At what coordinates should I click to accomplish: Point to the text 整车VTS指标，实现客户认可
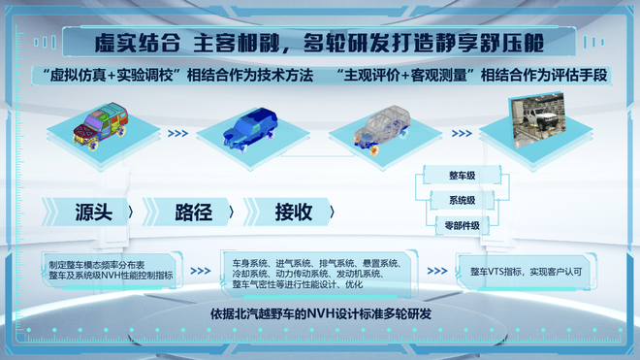click(x=526, y=273)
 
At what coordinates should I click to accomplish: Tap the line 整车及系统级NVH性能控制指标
click(x=110, y=277)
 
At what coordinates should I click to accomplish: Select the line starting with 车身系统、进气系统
click(x=316, y=263)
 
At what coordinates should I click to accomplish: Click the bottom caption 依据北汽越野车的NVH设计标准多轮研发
click(x=320, y=314)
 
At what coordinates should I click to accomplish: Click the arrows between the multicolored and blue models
click(x=177, y=134)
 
